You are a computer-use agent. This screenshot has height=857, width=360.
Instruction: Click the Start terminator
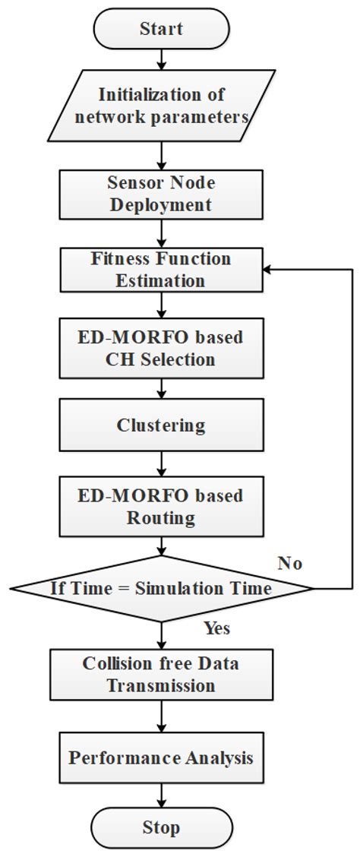tap(161, 29)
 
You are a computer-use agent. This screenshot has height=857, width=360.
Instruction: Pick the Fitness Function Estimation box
tap(161, 269)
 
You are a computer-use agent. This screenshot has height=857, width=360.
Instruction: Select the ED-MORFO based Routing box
tap(161, 506)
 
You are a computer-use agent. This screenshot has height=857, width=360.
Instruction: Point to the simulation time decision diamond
tap(161, 587)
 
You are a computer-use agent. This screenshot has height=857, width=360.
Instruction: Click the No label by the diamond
tap(289, 563)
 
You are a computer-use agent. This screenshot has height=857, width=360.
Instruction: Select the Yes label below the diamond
tap(217, 628)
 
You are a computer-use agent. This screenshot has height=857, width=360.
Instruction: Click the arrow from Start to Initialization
tap(161, 59)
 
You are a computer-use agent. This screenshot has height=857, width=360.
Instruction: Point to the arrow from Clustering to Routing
tap(161, 465)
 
